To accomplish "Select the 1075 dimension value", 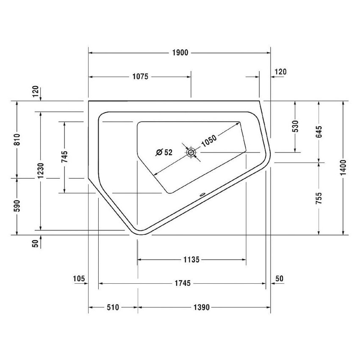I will pyautogui.click(x=140, y=77).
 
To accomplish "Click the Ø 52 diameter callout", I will pyautogui.click(x=164, y=152).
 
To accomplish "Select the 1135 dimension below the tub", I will pyautogui.click(x=191, y=259).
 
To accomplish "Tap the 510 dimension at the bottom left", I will pyautogui.click(x=112, y=307).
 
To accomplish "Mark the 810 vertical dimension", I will pyautogui.click(x=17, y=140).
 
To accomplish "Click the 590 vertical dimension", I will pyautogui.click(x=17, y=206).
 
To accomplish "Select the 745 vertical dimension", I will pyautogui.click(x=64, y=157).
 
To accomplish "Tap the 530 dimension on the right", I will pyautogui.click(x=295, y=127).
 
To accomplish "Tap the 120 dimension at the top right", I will pyautogui.click(x=280, y=72).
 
